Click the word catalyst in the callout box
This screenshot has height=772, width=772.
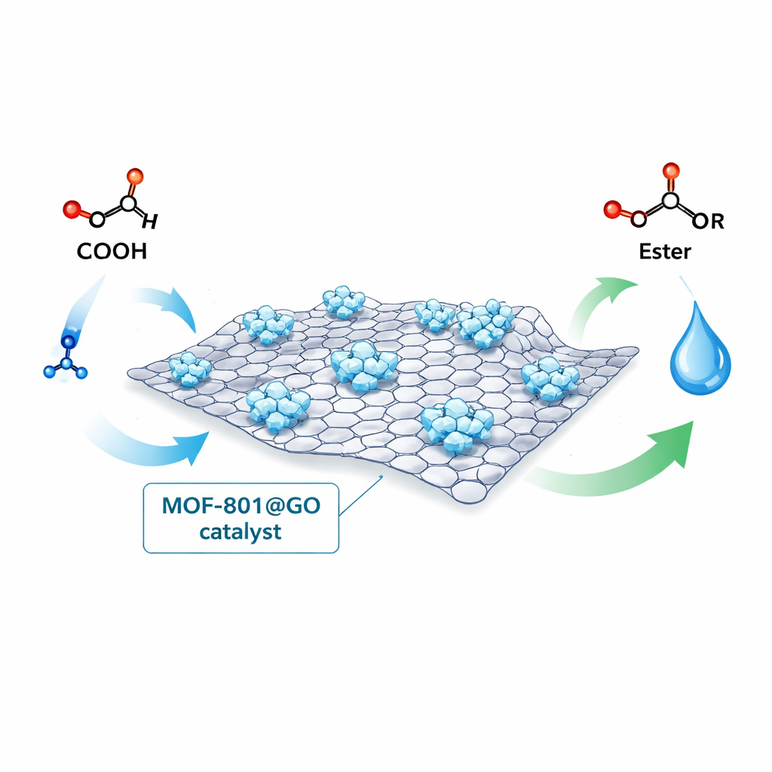point(240,531)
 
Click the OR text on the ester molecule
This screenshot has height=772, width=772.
point(708,221)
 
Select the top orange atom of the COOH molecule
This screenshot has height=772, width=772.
point(134,177)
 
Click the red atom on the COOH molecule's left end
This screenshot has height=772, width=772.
point(71,209)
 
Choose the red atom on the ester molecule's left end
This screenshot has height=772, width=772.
point(612,207)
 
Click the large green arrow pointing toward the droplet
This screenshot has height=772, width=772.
point(626,460)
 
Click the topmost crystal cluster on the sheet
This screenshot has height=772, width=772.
point(344,301)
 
